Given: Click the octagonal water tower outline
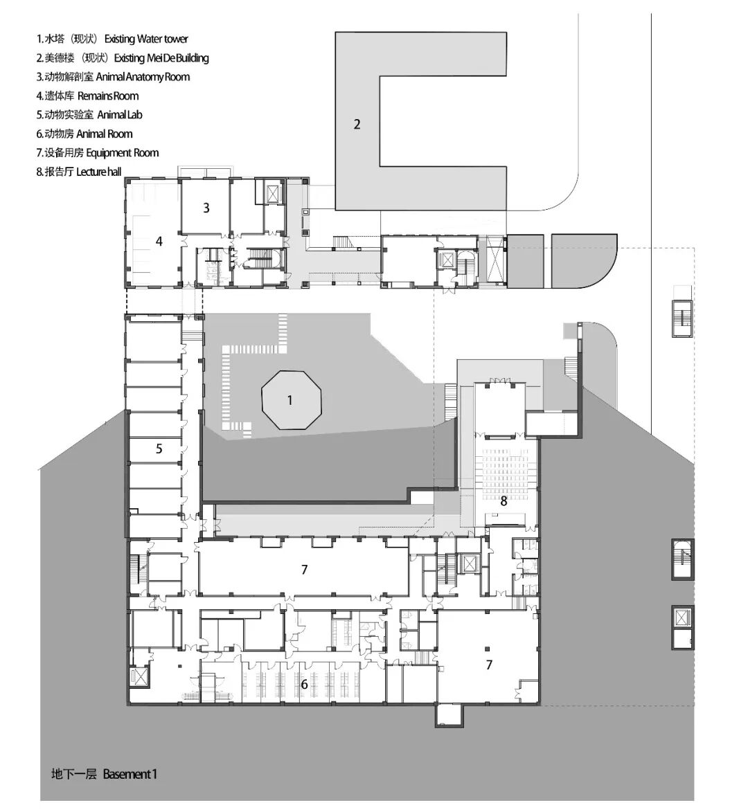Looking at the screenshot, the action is [x=262, y=399].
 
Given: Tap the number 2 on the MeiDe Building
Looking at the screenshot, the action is [x=357, y=125].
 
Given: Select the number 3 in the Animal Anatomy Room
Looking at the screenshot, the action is [x=206, y=208].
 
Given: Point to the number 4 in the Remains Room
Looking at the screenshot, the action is [x=159, y=241].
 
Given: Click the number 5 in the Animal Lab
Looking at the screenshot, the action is [x=159, y=449].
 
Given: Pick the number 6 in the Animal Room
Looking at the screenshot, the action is [x=304, y=684].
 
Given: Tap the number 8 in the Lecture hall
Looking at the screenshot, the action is [x=504, y=500].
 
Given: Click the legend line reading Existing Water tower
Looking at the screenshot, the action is [x=112, y=39].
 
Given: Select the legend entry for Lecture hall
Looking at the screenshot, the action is [x=79, y=172].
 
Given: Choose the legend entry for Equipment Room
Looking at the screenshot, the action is [x=98, y=153].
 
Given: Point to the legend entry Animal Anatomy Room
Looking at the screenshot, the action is [x=113, y=77].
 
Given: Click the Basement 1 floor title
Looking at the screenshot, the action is [x=104, y=774].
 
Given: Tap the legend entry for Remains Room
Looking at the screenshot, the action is [x=87, y=96].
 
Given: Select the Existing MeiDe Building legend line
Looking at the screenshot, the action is [x=123, y=57].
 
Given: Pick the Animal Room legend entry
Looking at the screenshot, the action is [x=84, y=134].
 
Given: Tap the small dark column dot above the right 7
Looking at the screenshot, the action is [x=488, y=648].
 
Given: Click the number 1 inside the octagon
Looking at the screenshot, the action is [x=290, y=400].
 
